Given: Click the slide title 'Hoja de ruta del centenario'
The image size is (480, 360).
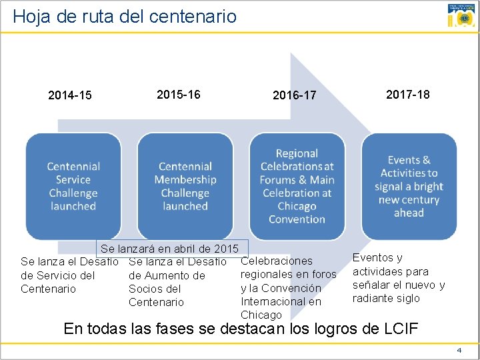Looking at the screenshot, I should click(x=125, y=15).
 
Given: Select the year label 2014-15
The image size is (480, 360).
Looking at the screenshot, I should click(x=70, y=95).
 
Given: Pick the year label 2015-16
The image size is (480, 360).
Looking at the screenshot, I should click(x=178, y=94).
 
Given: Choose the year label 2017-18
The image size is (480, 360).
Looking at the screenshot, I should click(x=407, y=94).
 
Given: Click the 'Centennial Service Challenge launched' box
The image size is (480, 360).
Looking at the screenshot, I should click(x=73, y=186).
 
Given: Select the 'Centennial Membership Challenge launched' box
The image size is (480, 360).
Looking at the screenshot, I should click(x=185, y=186).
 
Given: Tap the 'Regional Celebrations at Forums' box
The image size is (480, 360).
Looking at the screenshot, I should click(x=297, y=186).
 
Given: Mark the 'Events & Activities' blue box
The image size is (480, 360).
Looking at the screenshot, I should click(x=409, y=186).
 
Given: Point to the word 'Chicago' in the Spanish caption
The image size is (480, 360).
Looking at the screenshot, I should click(x=261, y=315).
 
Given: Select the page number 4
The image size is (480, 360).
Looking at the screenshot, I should click(x=459, y=350).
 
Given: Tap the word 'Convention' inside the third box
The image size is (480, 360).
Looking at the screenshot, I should click(x=297, y=219).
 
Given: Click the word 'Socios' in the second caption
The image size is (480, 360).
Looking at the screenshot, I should click(x=144, y=289).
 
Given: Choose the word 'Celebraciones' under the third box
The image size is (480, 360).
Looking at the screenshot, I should click(x=276, y=261).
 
